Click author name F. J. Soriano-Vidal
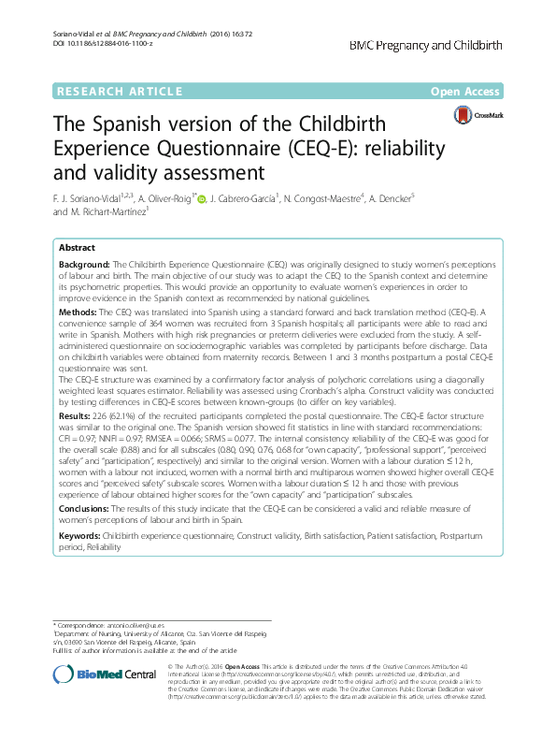click(97, 197)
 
